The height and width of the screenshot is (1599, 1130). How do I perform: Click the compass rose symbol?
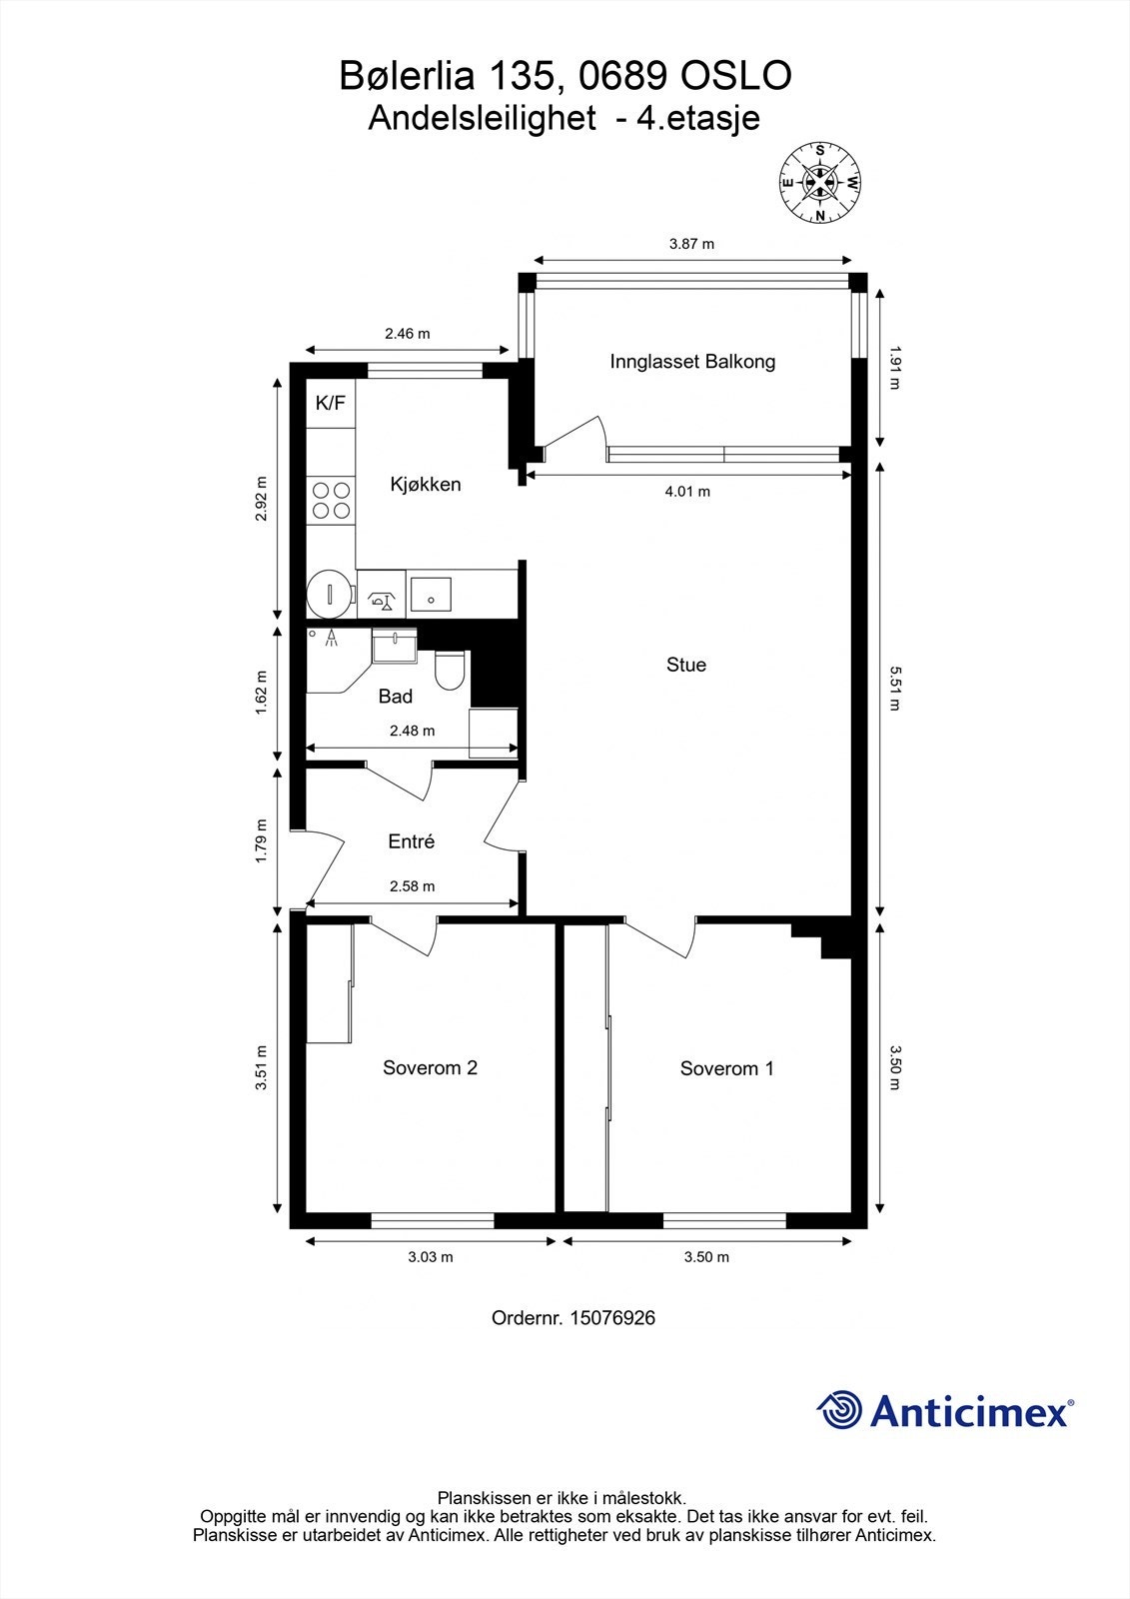pos(820,183)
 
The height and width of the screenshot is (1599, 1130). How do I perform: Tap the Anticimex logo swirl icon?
pos(839,1410)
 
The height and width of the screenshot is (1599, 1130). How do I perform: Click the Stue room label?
pos(686,665)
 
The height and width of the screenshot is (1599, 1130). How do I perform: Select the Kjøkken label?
pos(426,485)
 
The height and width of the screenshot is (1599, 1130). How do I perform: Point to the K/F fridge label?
pos(330,404)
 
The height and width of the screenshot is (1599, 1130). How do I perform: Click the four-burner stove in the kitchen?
pos(332,501)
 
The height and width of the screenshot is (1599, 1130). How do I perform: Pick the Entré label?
pos(412,841)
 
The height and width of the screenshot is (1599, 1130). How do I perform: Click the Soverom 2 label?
pos(430,1067)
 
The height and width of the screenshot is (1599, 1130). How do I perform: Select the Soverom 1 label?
pos(726,1068)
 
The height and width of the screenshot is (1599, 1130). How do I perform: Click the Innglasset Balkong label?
pos(692,361)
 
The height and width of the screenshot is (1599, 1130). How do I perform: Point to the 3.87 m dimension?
pos(691,244)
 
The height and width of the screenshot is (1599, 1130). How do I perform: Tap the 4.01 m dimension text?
pos(687,491)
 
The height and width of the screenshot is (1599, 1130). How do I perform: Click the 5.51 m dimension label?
pos(895,689)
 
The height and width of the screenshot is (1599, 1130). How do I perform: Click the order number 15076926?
pos(612,1318)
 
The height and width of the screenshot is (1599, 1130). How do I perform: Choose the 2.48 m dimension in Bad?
pos(412,731)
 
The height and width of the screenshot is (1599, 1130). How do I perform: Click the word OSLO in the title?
pos(736,76)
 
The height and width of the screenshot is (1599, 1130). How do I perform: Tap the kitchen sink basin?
pos(431,594)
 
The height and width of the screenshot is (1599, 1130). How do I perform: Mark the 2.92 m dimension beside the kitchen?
pos(261,499)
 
